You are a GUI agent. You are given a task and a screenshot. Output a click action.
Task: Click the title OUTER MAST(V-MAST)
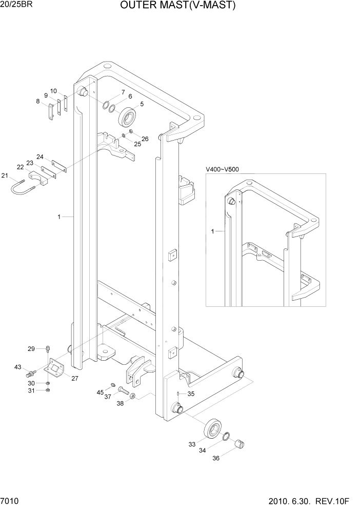[x=178, y=6]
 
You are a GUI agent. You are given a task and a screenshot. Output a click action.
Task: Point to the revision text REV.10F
[x=338, y=501]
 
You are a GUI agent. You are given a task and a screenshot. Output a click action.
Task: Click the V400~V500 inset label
[x=222, y=169]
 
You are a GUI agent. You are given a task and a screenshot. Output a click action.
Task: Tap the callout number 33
[x=192, y=444]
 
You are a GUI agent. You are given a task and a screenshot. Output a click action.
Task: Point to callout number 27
[x=75, y=379]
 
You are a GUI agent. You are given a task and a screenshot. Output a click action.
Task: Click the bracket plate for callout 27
[x=54, y=370]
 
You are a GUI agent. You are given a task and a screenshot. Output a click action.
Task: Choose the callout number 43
[x=18, y=367]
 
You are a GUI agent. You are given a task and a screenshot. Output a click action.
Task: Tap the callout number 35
[x=191, y=394]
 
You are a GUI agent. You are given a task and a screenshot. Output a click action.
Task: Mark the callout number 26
[x=145, y=139]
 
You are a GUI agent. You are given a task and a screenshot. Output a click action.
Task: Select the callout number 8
[x=37, y=102]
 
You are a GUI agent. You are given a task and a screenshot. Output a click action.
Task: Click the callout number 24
[x=39, y=156]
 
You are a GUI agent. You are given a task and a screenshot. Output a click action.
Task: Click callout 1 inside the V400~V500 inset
[x=213, y=232]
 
